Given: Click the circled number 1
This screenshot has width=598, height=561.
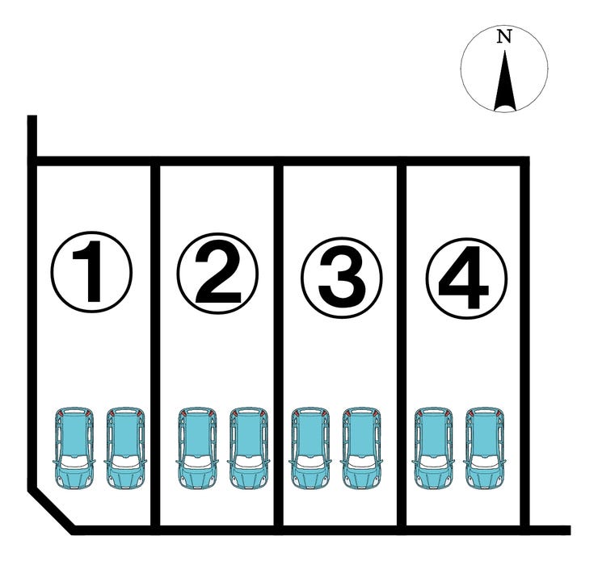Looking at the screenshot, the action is (x=91, y=272).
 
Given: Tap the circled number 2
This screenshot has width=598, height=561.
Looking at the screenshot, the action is (x=217, y=273).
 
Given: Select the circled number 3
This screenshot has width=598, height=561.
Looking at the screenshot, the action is (x=342, y=277).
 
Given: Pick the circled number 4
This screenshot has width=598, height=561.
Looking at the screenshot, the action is (x=466, y=278).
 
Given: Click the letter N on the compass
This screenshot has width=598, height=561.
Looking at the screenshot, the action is (x=504, y=36).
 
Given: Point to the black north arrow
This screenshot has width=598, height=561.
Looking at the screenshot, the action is (x=505, y=81).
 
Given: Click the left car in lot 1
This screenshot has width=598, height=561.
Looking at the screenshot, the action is (x=74, y=448).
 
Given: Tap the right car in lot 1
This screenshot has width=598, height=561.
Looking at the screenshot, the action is (x=125, y=448).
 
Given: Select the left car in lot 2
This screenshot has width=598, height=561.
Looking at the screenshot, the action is (x=197, y=448).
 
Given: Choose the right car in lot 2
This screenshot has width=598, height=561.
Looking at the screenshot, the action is (x=249, y=448).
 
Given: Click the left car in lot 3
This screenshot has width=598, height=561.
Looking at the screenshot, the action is (x=310, y=448).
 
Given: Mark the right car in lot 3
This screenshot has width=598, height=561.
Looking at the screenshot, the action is (x=361, y=448).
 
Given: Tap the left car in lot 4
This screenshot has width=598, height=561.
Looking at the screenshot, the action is (x=434, y=448).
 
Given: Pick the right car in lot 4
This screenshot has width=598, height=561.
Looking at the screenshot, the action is (x=485, y=448).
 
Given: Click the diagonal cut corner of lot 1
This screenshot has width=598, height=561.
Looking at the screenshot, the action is (x=51, y=509).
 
